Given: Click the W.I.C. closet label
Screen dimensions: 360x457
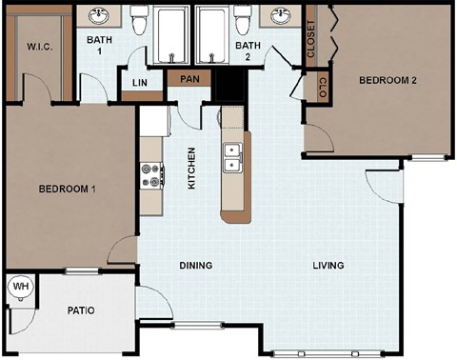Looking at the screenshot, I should [x=38, y=46].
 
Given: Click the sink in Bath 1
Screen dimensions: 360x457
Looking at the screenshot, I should [x=99, y=16].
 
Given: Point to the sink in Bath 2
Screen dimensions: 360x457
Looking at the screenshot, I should [x=280, y=16].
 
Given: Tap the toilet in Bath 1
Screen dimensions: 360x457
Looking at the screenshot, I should [x=139, y=19].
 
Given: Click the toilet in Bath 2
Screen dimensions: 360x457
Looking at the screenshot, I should [x=242, y=19].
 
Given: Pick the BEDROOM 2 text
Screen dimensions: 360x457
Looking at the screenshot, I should [x=387, y=81].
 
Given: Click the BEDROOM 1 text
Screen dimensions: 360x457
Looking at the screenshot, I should [x=67, y=190].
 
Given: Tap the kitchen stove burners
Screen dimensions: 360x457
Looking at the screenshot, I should [x=150, y=175].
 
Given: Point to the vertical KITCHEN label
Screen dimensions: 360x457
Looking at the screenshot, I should [x=191, y=168].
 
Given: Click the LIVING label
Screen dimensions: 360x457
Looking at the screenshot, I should [x=328, y=266].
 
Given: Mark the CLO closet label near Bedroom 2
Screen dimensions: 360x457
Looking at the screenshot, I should [x=323, y=89].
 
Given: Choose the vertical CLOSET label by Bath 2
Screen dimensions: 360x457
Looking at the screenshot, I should [x=311, y=39].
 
